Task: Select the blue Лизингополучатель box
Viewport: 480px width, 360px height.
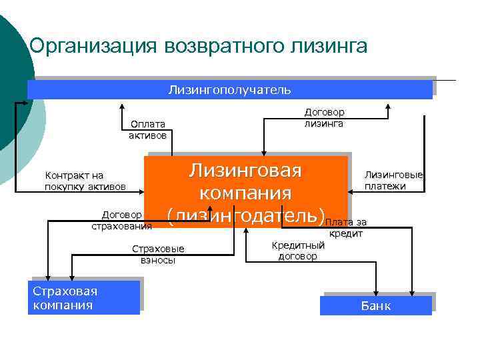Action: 229,89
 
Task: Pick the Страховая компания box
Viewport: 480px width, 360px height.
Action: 85,297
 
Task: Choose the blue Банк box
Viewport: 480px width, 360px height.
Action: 376,306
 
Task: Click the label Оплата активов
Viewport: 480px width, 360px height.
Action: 147,129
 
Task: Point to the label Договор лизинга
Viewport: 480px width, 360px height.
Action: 324,118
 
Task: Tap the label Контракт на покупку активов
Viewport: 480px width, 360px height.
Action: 85,181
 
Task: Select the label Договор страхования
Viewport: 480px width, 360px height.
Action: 121,221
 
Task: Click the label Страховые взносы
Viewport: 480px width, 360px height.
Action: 158,255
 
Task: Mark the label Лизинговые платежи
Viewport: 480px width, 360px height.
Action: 393,181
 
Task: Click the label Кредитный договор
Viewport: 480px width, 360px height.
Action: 298,251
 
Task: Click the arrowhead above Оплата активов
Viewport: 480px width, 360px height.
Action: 121,104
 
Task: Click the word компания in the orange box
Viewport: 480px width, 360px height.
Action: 245,193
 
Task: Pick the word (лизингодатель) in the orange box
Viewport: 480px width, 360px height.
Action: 245,215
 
